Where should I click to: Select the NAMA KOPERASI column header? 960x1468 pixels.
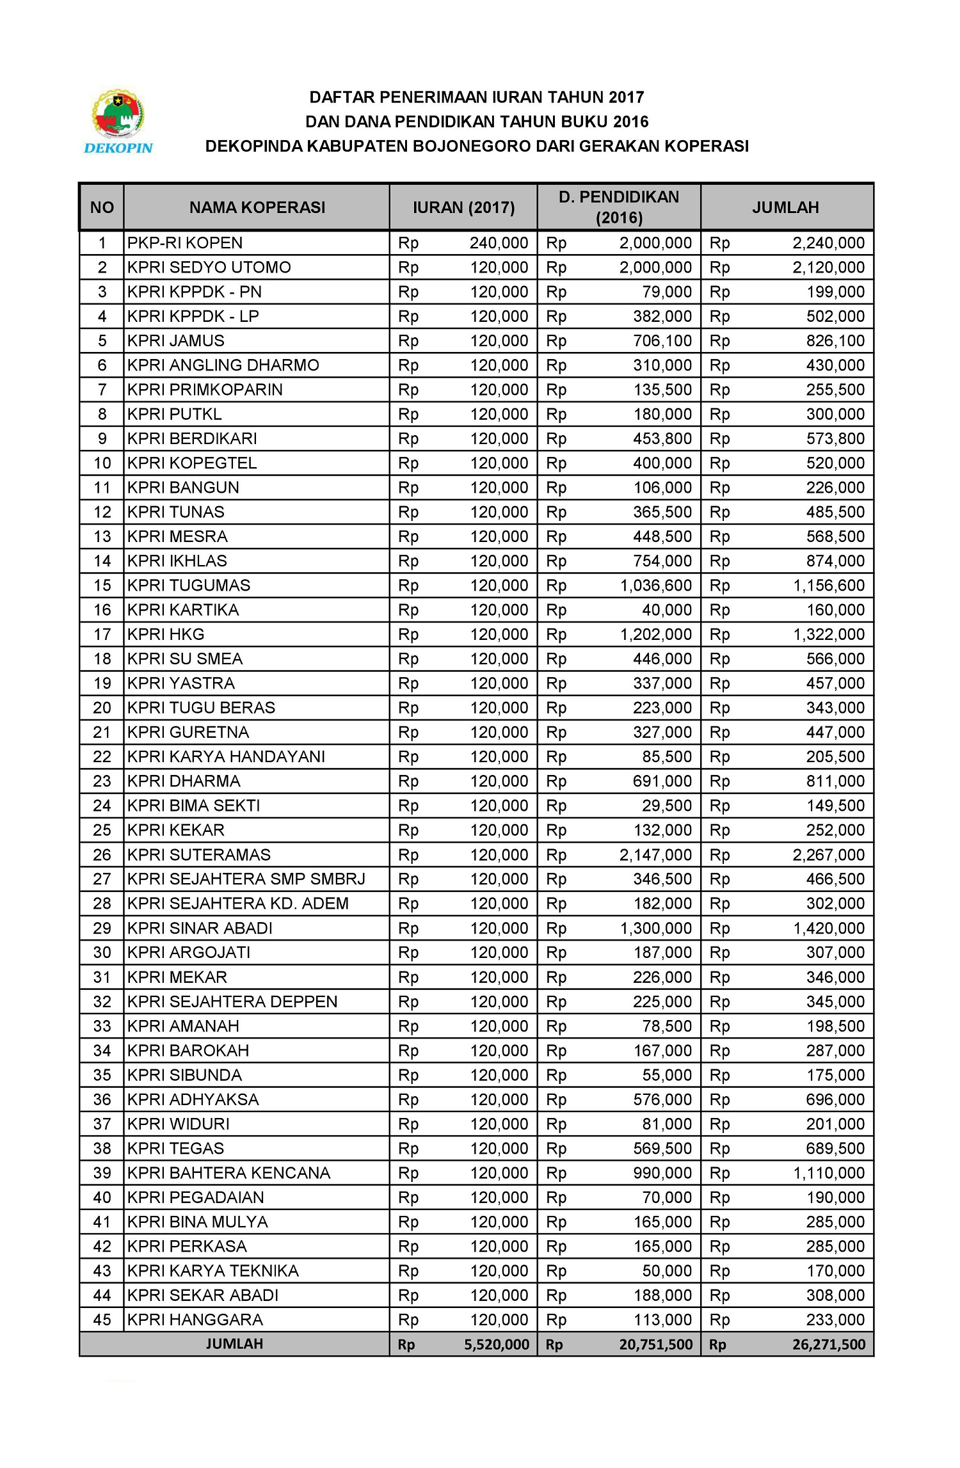pyautogui.click(x=257, y=207)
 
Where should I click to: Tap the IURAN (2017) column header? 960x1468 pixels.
pyautogui.click(x=463, y=207)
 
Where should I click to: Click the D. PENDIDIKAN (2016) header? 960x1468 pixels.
pyautogui.click(x=619, y=207)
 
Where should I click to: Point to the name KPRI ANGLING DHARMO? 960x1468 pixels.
pyautogui.click(x=223, y=365)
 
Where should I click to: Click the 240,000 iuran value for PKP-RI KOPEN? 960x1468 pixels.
pyautogui.click(x=499, y=243)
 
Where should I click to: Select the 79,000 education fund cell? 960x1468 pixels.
pyautogui.click(x=667, y=292)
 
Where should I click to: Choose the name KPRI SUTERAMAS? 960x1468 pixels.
pyautogui.click(x=198, y=855)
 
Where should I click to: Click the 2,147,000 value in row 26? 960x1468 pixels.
pyautogui.click(x=655, y=855)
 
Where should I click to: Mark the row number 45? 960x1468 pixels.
pyautogui.click(x=102, y=1320)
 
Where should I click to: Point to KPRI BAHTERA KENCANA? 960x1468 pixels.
pyautogui.click(x=228, y=1173)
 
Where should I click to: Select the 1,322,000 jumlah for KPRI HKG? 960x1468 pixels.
pyautogui.click(x=829, y=635)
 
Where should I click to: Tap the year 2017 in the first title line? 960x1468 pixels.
pyautogui.click(x=626, y=97)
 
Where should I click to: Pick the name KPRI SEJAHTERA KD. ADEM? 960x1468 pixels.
pyautogui.click(x=237, y=904)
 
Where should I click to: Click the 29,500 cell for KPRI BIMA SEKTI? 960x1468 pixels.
pyautogui.click(x=667, y=806)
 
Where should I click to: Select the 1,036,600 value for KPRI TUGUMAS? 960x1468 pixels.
pyautogui.click(x=656, y=586)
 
